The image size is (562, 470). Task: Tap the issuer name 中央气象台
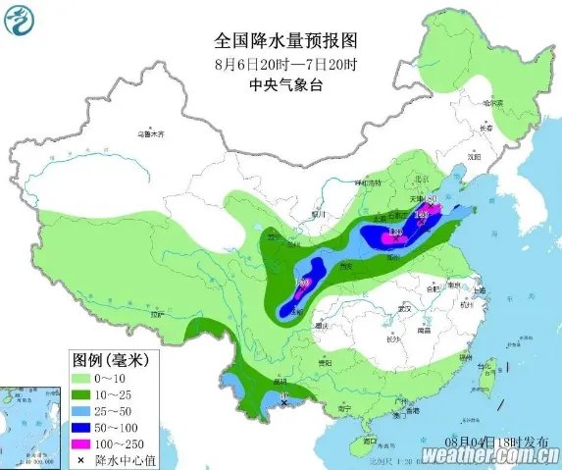284,86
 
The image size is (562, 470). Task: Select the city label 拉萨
155,316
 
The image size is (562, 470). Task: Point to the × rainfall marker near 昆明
284,402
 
